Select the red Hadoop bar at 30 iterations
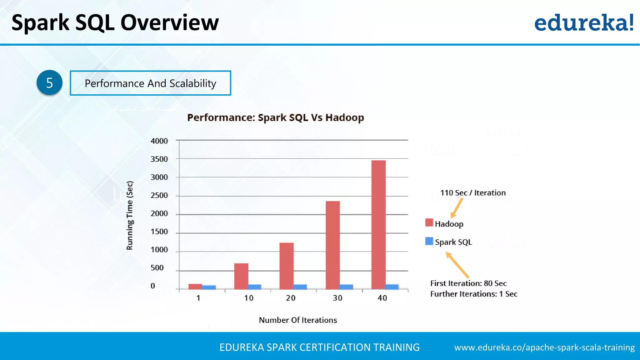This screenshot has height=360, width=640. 332,245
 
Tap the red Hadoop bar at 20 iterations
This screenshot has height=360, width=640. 287,266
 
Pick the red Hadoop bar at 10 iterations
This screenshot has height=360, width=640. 241,276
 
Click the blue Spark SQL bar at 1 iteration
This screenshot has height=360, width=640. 209,287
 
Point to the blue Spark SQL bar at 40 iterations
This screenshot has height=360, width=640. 392,287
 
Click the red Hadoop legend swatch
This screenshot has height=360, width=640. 429,223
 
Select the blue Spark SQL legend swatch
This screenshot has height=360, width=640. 429,241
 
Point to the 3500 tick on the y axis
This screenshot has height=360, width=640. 159,159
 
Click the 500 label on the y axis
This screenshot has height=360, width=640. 157,268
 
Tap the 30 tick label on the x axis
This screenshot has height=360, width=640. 337,298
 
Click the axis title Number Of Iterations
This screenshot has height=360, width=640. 298,320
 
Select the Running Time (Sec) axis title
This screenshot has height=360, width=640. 130,216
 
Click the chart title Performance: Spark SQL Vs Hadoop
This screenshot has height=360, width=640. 275,118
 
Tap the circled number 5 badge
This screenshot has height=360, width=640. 49,83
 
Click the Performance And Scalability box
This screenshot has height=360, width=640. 150,83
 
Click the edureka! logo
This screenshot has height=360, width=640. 584,23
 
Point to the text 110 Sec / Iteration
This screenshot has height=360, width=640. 473,193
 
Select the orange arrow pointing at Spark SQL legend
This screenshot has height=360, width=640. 458,265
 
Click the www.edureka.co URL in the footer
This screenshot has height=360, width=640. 544,347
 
